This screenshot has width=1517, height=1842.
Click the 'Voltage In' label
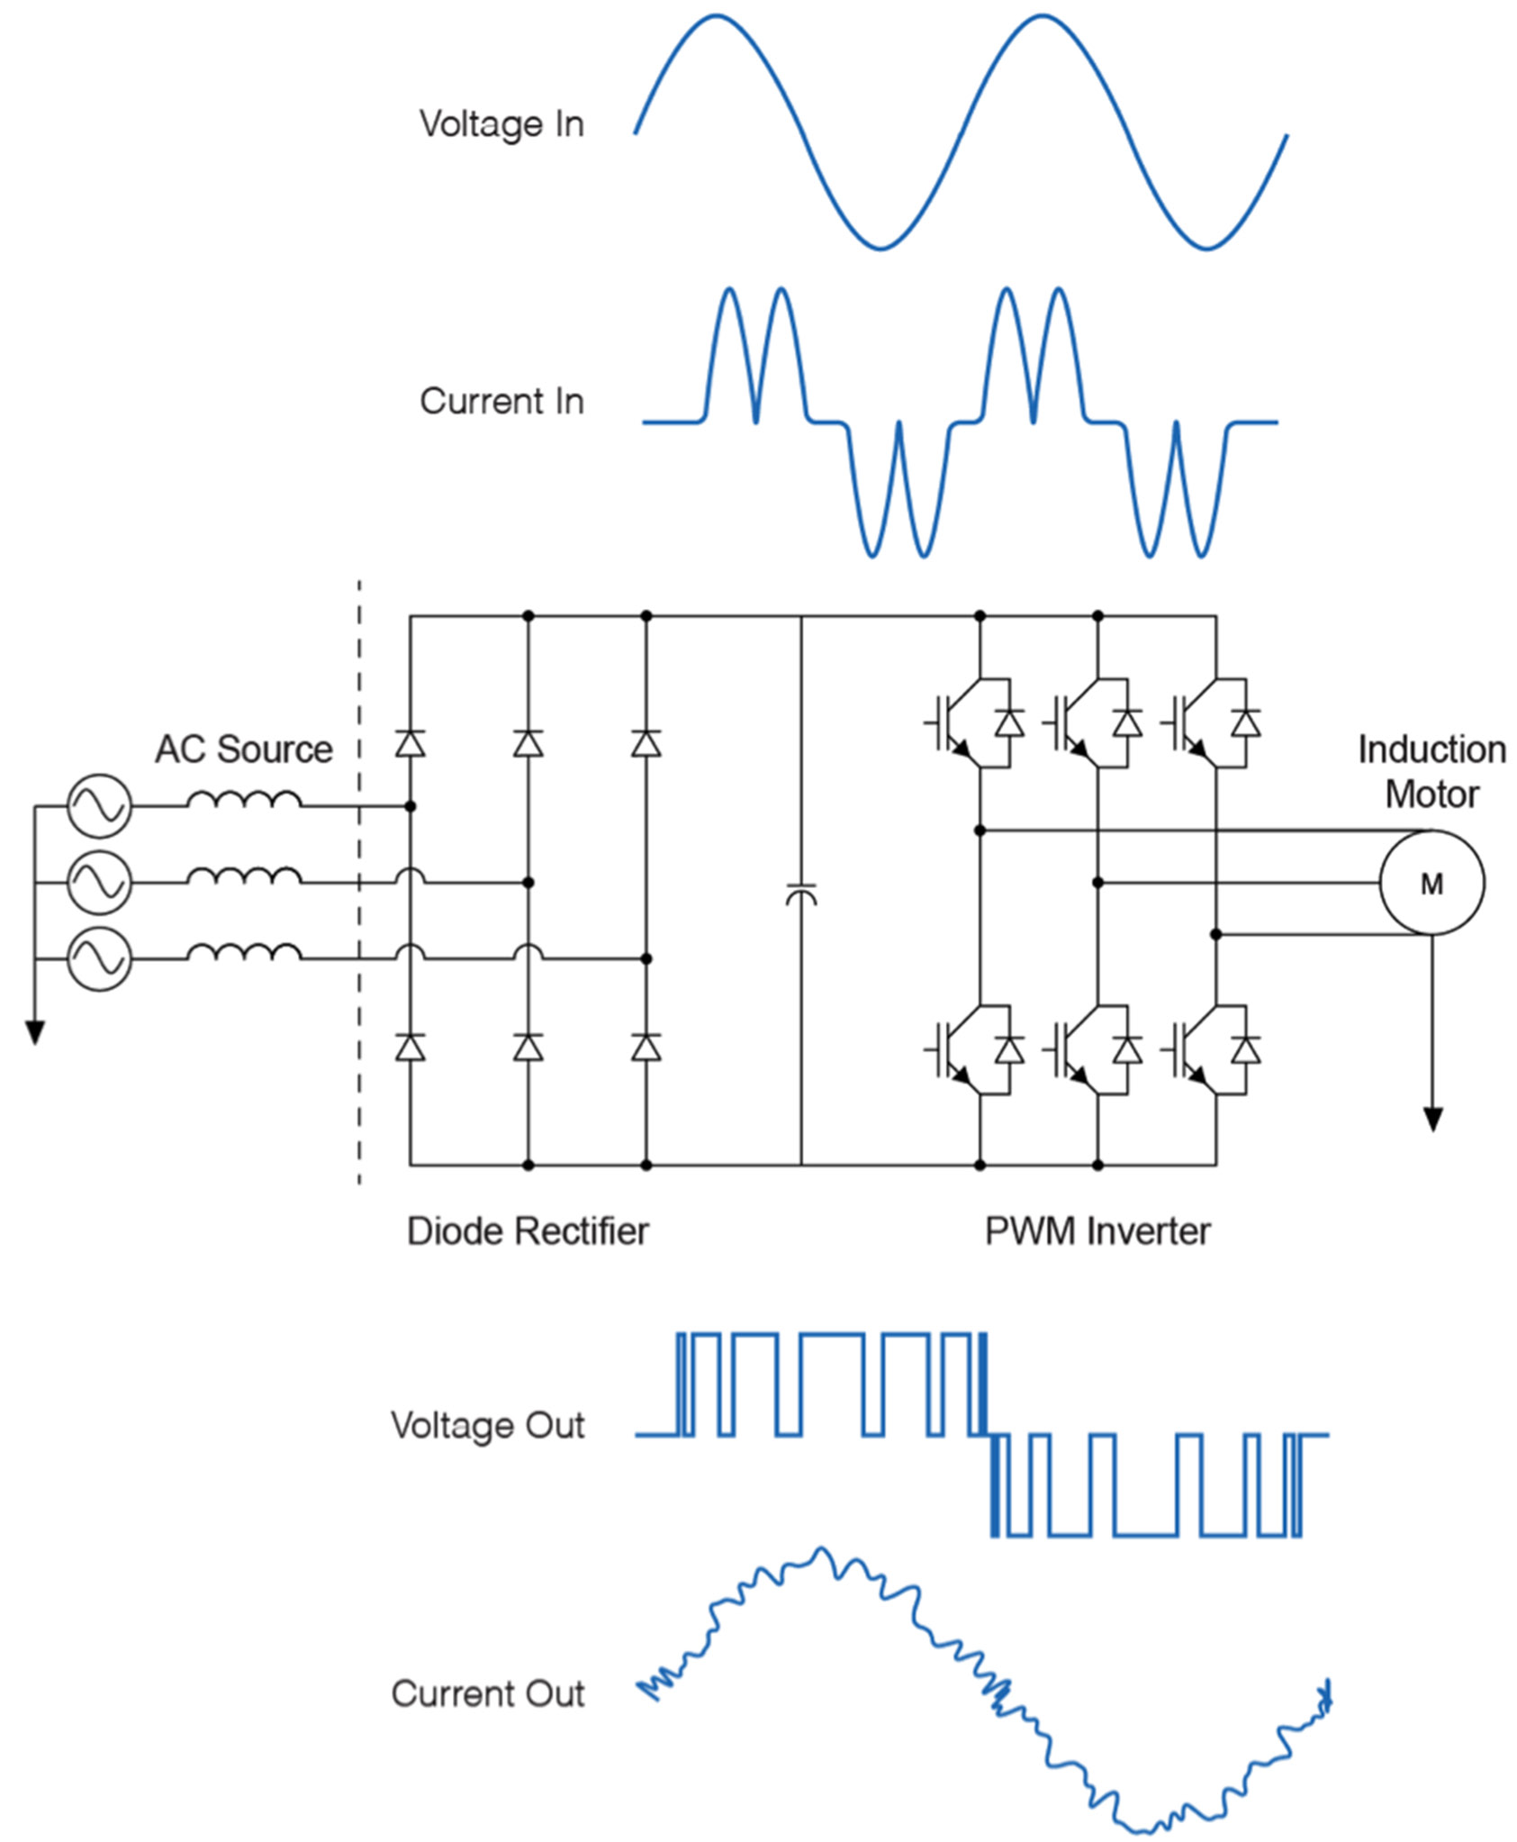501,124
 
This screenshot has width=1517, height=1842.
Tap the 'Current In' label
501,402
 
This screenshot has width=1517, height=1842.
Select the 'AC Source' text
243,749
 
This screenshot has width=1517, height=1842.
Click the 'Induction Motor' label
1431,772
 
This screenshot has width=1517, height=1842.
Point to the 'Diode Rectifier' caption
528,1231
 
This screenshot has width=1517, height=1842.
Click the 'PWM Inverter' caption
1097,1231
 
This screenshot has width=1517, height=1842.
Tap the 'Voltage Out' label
487,1426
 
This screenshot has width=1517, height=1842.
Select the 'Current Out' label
487,1694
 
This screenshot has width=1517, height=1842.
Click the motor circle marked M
1431,884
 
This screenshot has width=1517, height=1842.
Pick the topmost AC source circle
99,806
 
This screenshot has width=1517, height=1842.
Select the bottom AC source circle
99,958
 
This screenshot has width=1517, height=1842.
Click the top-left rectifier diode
411,744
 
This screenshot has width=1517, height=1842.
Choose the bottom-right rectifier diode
646,1048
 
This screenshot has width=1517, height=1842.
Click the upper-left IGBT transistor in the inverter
954,723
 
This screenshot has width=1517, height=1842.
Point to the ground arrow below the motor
1431,1118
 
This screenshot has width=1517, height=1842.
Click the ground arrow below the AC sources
35,1031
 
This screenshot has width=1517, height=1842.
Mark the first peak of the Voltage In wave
716,16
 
